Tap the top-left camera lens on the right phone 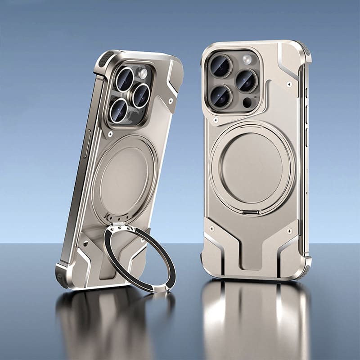[x=220, y=66]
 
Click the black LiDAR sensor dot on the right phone [x=247, y=102]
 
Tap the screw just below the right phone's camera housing [x=217, y=121]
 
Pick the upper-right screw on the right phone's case [x=290, y=84]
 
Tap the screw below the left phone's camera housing [x=110, y=134]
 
